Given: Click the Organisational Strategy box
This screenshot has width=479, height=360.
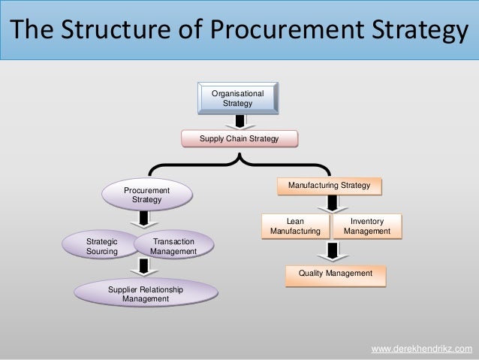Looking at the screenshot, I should click(237, 98).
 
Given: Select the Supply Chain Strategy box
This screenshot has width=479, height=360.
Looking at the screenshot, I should click(239, 140).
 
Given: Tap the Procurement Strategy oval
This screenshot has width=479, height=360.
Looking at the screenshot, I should click(146, 195).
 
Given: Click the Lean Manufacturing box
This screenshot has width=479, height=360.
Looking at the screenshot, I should click(295, 226).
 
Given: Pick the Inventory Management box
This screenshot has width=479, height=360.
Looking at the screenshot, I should click(367, 226).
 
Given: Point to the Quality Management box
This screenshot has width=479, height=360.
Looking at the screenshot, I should click(335, 274).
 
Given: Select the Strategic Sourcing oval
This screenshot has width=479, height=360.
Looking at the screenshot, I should click(102, 247).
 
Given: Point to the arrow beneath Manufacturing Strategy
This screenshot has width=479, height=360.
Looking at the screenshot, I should click(331, 204).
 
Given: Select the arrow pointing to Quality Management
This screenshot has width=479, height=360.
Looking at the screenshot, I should click(331, 251).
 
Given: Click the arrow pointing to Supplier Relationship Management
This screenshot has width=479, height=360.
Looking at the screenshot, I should click(139, 268).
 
